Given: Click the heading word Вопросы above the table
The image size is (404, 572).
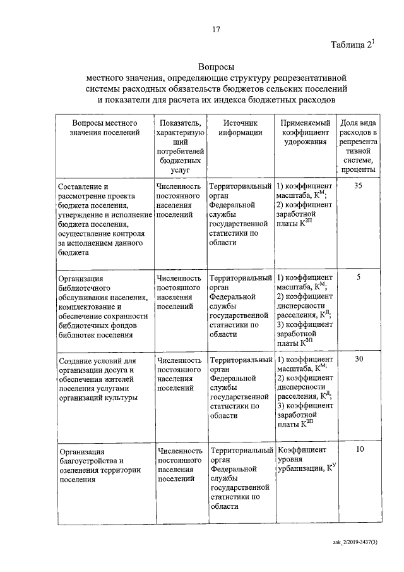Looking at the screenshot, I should point(216,66).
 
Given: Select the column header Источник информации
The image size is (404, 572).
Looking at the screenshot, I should point(241,128).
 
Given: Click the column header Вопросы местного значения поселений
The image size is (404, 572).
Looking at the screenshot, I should point(105,128).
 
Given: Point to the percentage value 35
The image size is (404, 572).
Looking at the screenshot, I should point(358,186).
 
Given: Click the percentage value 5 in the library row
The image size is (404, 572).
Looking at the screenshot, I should point(358,277).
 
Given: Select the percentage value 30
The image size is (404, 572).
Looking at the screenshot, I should point(358,359).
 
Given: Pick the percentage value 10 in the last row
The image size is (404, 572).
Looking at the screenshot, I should point(359,450).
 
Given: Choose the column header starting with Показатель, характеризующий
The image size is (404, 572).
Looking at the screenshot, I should point(181,145).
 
